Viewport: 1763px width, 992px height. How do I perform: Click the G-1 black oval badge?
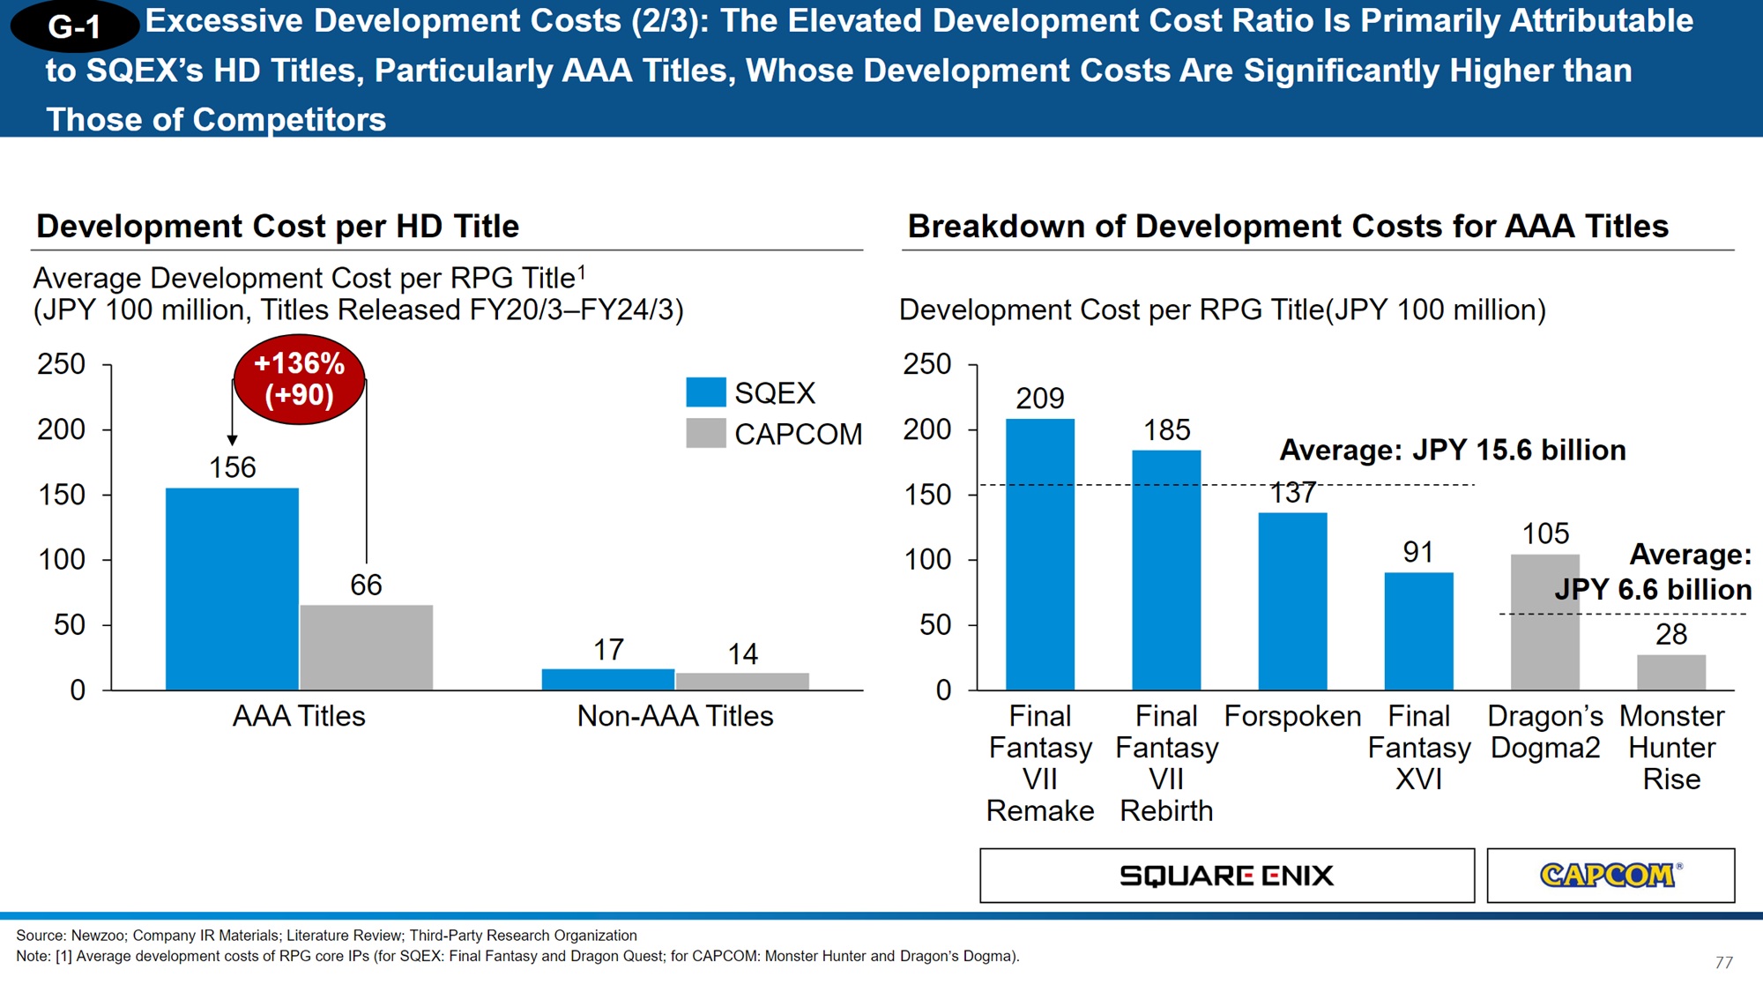click(x=74, y=26)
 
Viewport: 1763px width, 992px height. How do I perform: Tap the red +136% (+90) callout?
click(x=299, y=379)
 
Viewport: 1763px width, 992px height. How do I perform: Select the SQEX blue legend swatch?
click(x=706, y=392)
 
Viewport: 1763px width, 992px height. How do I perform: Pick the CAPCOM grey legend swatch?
click(x=706, y=433)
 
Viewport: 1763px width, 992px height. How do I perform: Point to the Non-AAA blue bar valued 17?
click(x=607, y=679)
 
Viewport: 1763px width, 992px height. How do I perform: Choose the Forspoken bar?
click(x=1292, y=600)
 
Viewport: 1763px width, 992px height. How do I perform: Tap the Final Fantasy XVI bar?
click(x=1418, y=630)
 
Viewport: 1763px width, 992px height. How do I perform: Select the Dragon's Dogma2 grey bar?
click(x=1544, y=622)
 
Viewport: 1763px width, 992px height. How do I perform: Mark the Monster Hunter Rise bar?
click(x=1671, y=672)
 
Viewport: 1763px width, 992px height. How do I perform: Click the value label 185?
click(x=1166, y=430)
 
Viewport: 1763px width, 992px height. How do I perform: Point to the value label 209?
click(x=1040, y=399)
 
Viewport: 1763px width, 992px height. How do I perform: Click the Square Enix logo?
click(x=1226, y=876)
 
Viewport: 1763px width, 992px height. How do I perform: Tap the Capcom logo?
click(x=1610, y=875)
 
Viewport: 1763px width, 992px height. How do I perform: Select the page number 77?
click(x=1724, y=962)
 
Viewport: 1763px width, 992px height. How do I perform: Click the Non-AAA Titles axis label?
click(x=674, y=716)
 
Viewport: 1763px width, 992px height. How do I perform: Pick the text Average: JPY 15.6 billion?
click(x=1453, y=451)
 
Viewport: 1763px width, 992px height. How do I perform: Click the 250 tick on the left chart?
click(x=61, y=364)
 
